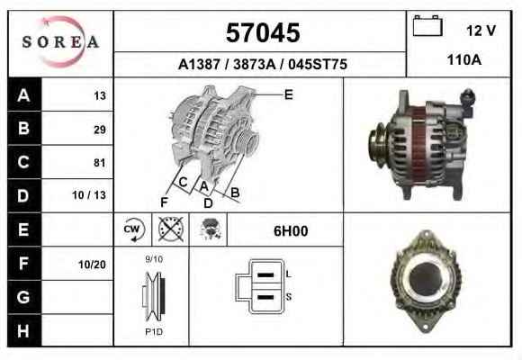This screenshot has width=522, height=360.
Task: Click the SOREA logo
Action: [x=60, y=42]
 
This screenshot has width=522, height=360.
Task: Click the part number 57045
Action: [x=263, y=32]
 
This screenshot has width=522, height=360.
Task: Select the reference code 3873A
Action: [x=255, y=64]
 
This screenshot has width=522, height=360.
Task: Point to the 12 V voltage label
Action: [x=481, y=31]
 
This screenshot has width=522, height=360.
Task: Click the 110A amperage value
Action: [x=464, y=60]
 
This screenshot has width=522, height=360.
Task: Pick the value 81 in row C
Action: [x=100, y=163]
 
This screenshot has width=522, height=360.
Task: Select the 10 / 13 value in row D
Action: [x=89, y=195]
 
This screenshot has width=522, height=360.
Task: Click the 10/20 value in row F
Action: [x=92, y=265]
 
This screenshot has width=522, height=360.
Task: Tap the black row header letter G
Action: [x=23, y=297]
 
